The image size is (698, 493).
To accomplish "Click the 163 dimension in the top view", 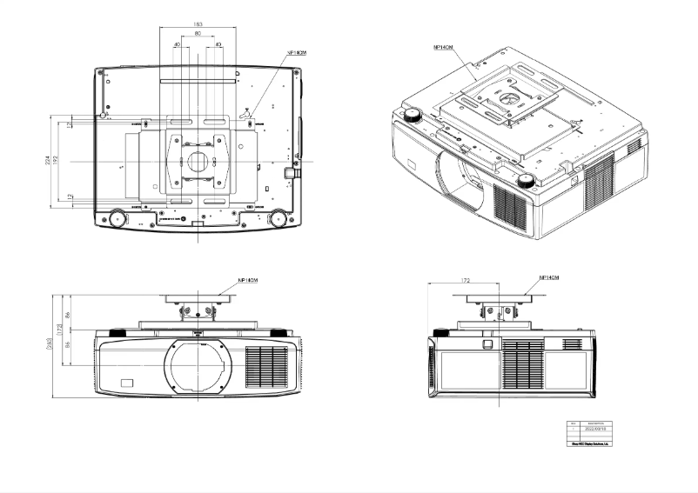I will pos(198,24).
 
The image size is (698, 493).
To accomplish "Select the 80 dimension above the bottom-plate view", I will pos(198,34).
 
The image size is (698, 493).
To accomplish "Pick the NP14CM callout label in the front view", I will pos(250,281).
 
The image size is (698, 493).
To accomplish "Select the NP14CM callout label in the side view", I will pos(549,277).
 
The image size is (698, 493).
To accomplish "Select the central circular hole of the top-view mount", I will pos(198,162).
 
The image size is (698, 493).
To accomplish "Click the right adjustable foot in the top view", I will pos(278,217).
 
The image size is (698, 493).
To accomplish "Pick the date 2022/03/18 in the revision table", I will pos(594,429).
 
